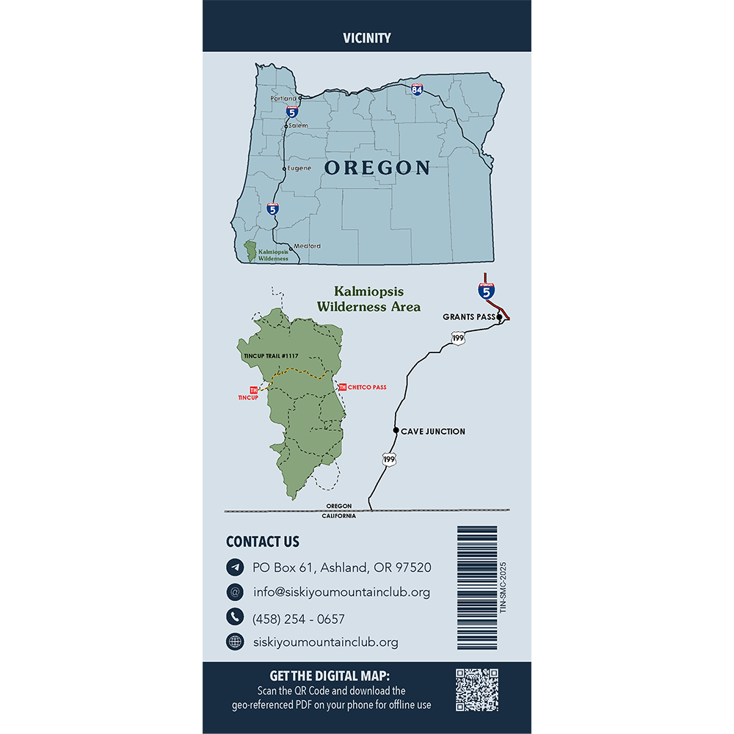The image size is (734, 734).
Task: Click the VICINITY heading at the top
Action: [x=366, y=38]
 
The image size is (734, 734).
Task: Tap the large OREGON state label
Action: [x=377, y=167]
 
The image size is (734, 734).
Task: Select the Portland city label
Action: [x=283, y=98]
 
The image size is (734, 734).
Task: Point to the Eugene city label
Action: [x=299, y=168]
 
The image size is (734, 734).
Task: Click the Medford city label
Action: [x=307, y=246]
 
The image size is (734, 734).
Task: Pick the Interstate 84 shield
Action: [x=417, y=90]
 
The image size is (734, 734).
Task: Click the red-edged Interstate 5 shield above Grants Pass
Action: [x=485, y=291]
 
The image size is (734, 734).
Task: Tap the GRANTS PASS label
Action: [x=468, y=317]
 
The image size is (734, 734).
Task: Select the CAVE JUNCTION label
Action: [x=432, y=432]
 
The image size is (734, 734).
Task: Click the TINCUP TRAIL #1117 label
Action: [x=270, y=355]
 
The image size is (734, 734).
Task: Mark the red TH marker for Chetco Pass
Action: [x=342, y=387]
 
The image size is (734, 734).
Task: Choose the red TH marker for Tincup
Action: [x=254, y=390]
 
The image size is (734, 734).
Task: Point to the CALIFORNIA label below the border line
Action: [x=338, y=516]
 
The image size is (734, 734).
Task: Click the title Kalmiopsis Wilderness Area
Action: [x=368, y=299]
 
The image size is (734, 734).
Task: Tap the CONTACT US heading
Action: [x=263, y=542]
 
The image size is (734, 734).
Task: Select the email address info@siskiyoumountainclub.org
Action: [x=341, y=592]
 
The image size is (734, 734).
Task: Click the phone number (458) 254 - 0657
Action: [x=298, y=619]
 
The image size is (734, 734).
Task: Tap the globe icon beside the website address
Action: [x=235, y=642]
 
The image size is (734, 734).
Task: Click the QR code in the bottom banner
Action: [x=477, y=689]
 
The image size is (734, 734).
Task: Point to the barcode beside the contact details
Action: [x=477, y=570]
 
